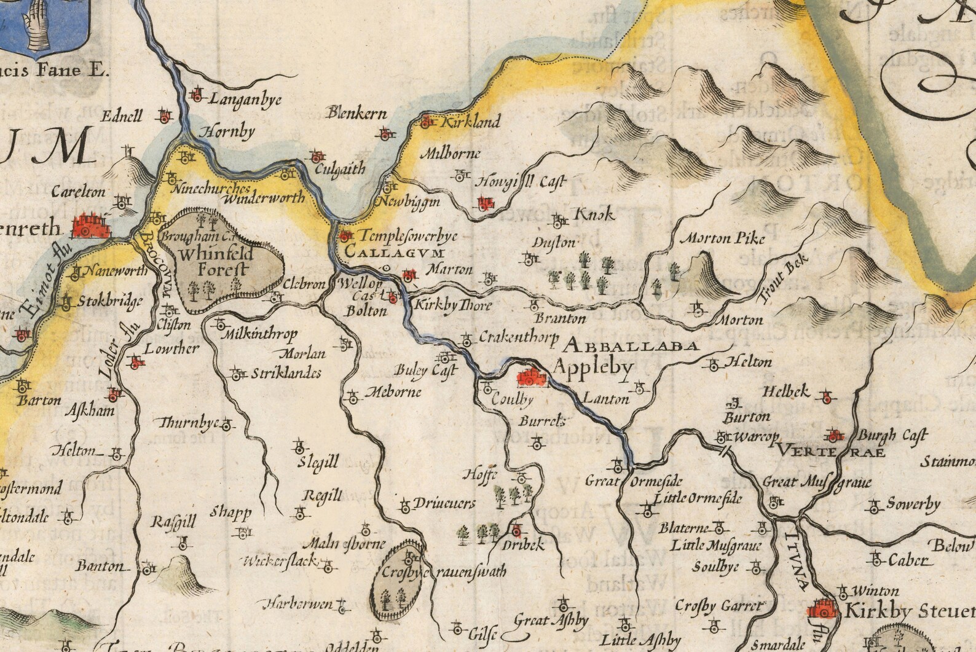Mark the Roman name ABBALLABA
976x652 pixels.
point(632,345)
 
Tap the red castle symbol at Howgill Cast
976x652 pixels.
point(486,202)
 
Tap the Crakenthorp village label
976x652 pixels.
point(518,337)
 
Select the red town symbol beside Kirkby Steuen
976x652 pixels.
point(822,609)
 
